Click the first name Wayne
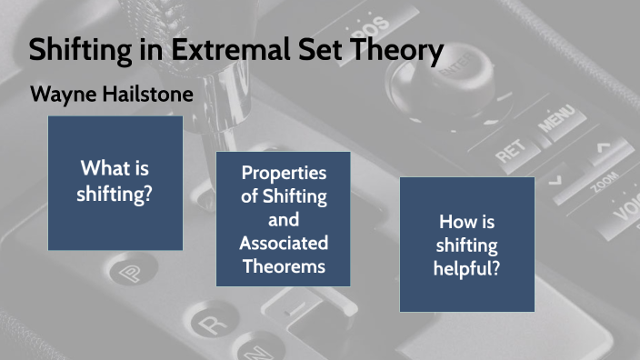59,94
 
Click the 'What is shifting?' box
115,183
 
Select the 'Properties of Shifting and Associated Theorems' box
284,219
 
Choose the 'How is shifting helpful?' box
467,245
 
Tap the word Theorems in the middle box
284,265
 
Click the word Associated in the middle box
284,243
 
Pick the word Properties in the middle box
284,173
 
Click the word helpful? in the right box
467,268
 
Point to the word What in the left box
101,168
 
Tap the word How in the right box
453,221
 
